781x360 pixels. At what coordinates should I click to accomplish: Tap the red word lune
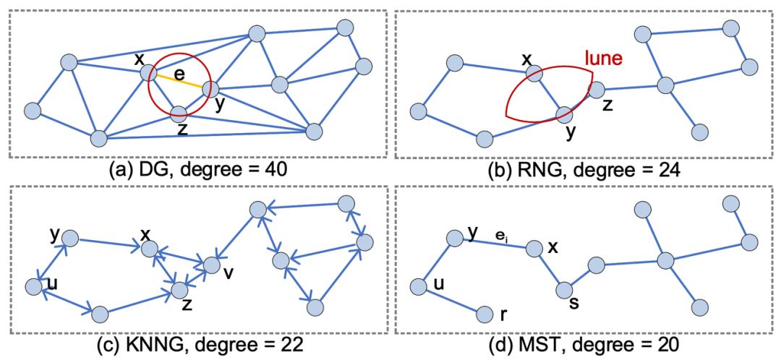click(604, 59)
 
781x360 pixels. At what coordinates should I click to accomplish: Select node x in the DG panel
click(148, 72)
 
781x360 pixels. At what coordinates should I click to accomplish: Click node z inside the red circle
click(179, 113)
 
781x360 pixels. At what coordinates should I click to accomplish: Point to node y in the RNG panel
click(565, 114)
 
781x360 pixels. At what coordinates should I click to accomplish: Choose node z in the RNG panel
click(595, 90)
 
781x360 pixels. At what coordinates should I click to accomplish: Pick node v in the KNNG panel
click(212, 265)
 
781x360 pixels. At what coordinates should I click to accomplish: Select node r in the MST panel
click(485, 314)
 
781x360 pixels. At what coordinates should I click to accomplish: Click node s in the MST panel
click(565, 290)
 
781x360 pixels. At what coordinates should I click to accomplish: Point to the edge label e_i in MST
click(499, 235)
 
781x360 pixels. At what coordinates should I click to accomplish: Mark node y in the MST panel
click(455, 237)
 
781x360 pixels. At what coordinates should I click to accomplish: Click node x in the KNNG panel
click(149, 249)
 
